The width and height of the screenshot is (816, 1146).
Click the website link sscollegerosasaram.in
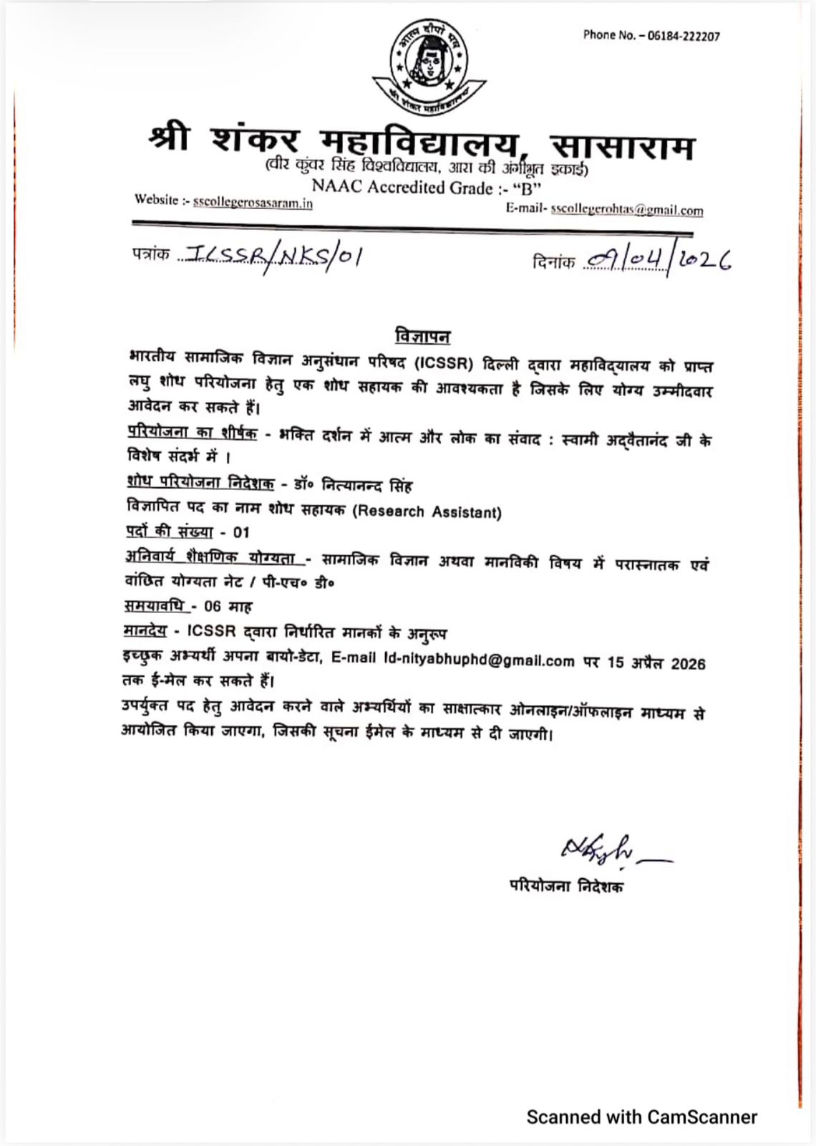[x=253, y=203]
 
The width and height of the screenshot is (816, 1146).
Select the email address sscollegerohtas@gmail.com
[x=626, y=211]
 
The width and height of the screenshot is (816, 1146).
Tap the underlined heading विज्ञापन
[x=422, y=336]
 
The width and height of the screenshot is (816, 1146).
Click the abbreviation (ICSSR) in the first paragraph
[x=444, y=364]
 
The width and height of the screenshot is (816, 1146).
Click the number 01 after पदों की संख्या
[x=241, y=533]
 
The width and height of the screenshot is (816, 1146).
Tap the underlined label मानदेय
[x=145, y=631]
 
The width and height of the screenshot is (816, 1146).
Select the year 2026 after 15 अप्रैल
[x=688, y=663]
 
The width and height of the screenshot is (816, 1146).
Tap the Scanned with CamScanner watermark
[x=641, y=1117]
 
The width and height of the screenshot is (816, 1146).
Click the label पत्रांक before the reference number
[x=150, y=254]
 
